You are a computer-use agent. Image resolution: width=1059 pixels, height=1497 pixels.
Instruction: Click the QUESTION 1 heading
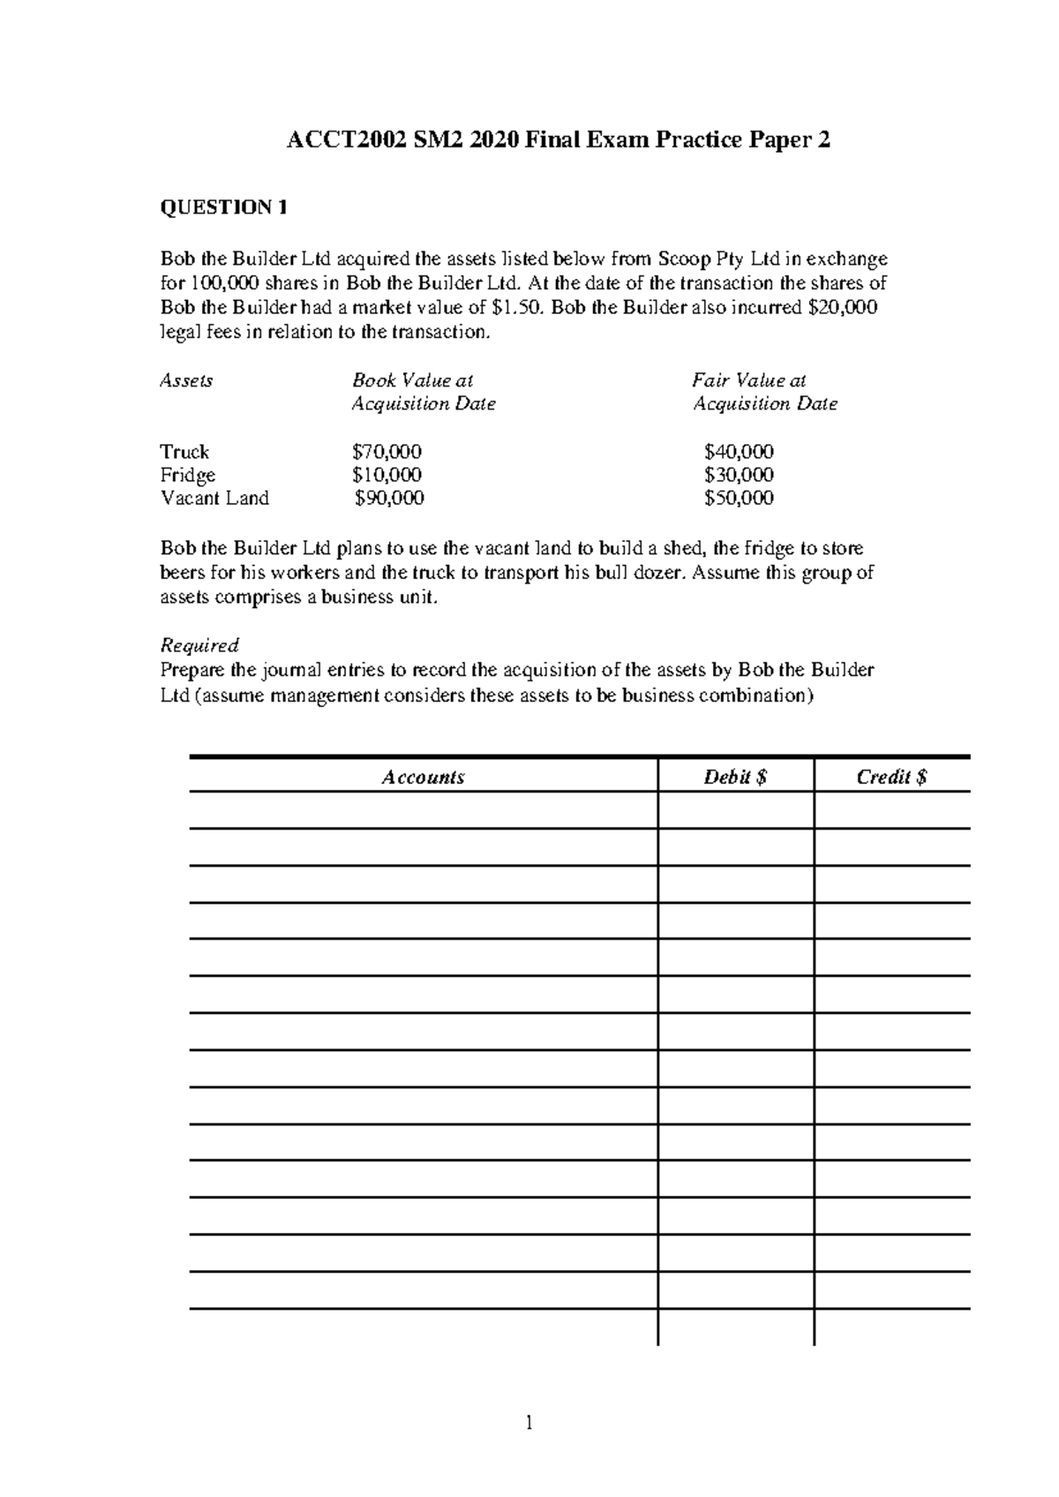[x=223, y=208]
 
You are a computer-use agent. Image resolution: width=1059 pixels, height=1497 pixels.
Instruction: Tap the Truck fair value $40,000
[x=739, y=452]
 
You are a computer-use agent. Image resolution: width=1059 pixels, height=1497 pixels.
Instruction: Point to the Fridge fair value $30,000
[x=739, y=475]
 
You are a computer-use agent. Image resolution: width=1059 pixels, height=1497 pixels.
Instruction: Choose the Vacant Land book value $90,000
[x=389, y=498]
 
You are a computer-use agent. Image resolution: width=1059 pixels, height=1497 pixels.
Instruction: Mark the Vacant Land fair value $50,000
[x=739, y=498]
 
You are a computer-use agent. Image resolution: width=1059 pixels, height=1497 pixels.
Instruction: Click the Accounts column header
[x=423, y=778]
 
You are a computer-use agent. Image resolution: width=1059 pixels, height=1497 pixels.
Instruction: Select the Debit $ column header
[x=735, y=778]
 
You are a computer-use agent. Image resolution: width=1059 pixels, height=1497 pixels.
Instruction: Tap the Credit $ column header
[x=891, y=778]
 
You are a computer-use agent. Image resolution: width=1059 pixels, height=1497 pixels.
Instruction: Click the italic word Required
[x=199, y=645]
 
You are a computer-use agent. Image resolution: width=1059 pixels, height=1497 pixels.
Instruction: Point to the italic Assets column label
[x=185, y=380]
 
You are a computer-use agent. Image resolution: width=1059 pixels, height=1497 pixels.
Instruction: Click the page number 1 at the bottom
[x=529, y=1423]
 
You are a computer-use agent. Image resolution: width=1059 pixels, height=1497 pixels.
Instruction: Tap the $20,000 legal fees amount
[x=843, y=308]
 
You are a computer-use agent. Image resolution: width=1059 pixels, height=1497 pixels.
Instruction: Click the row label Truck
[x=184, y=452]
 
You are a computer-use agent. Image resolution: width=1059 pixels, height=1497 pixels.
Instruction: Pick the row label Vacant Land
[x=214, y=498]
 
